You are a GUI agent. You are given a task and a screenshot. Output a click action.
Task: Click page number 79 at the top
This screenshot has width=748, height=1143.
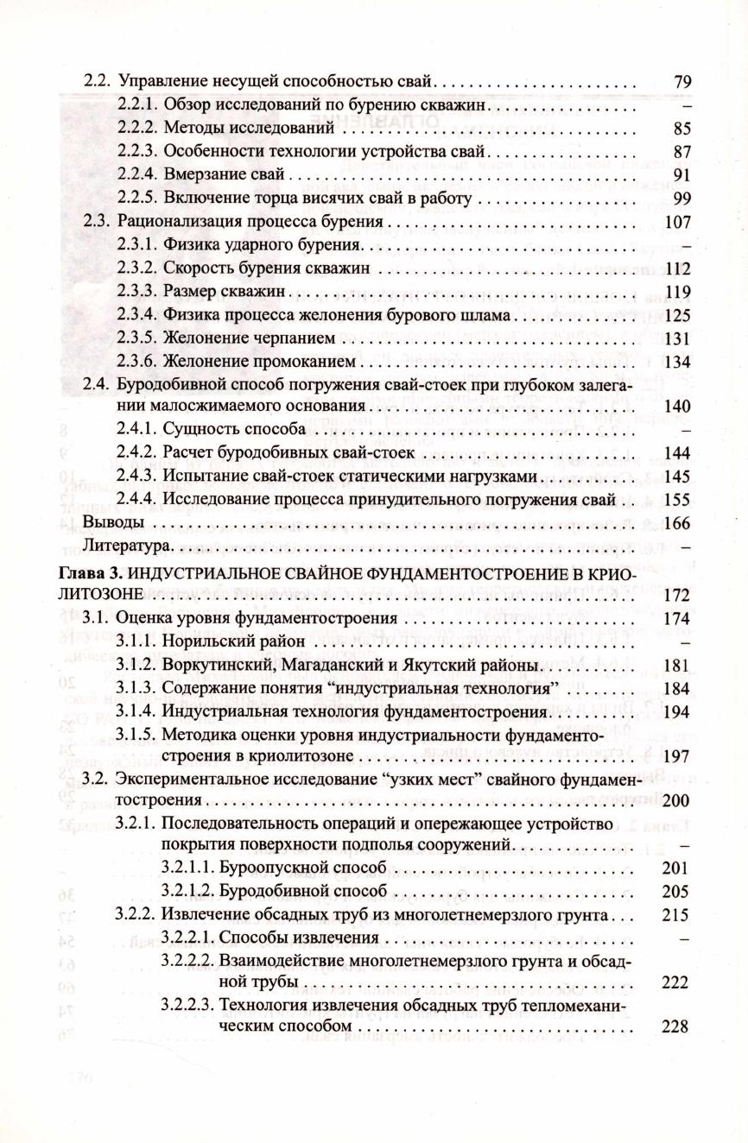(x=682, y=82)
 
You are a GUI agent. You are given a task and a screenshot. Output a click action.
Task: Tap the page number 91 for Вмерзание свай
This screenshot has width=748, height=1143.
(x=682, y=175)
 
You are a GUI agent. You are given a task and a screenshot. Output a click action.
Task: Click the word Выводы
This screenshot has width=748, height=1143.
(x=109, y=522)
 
